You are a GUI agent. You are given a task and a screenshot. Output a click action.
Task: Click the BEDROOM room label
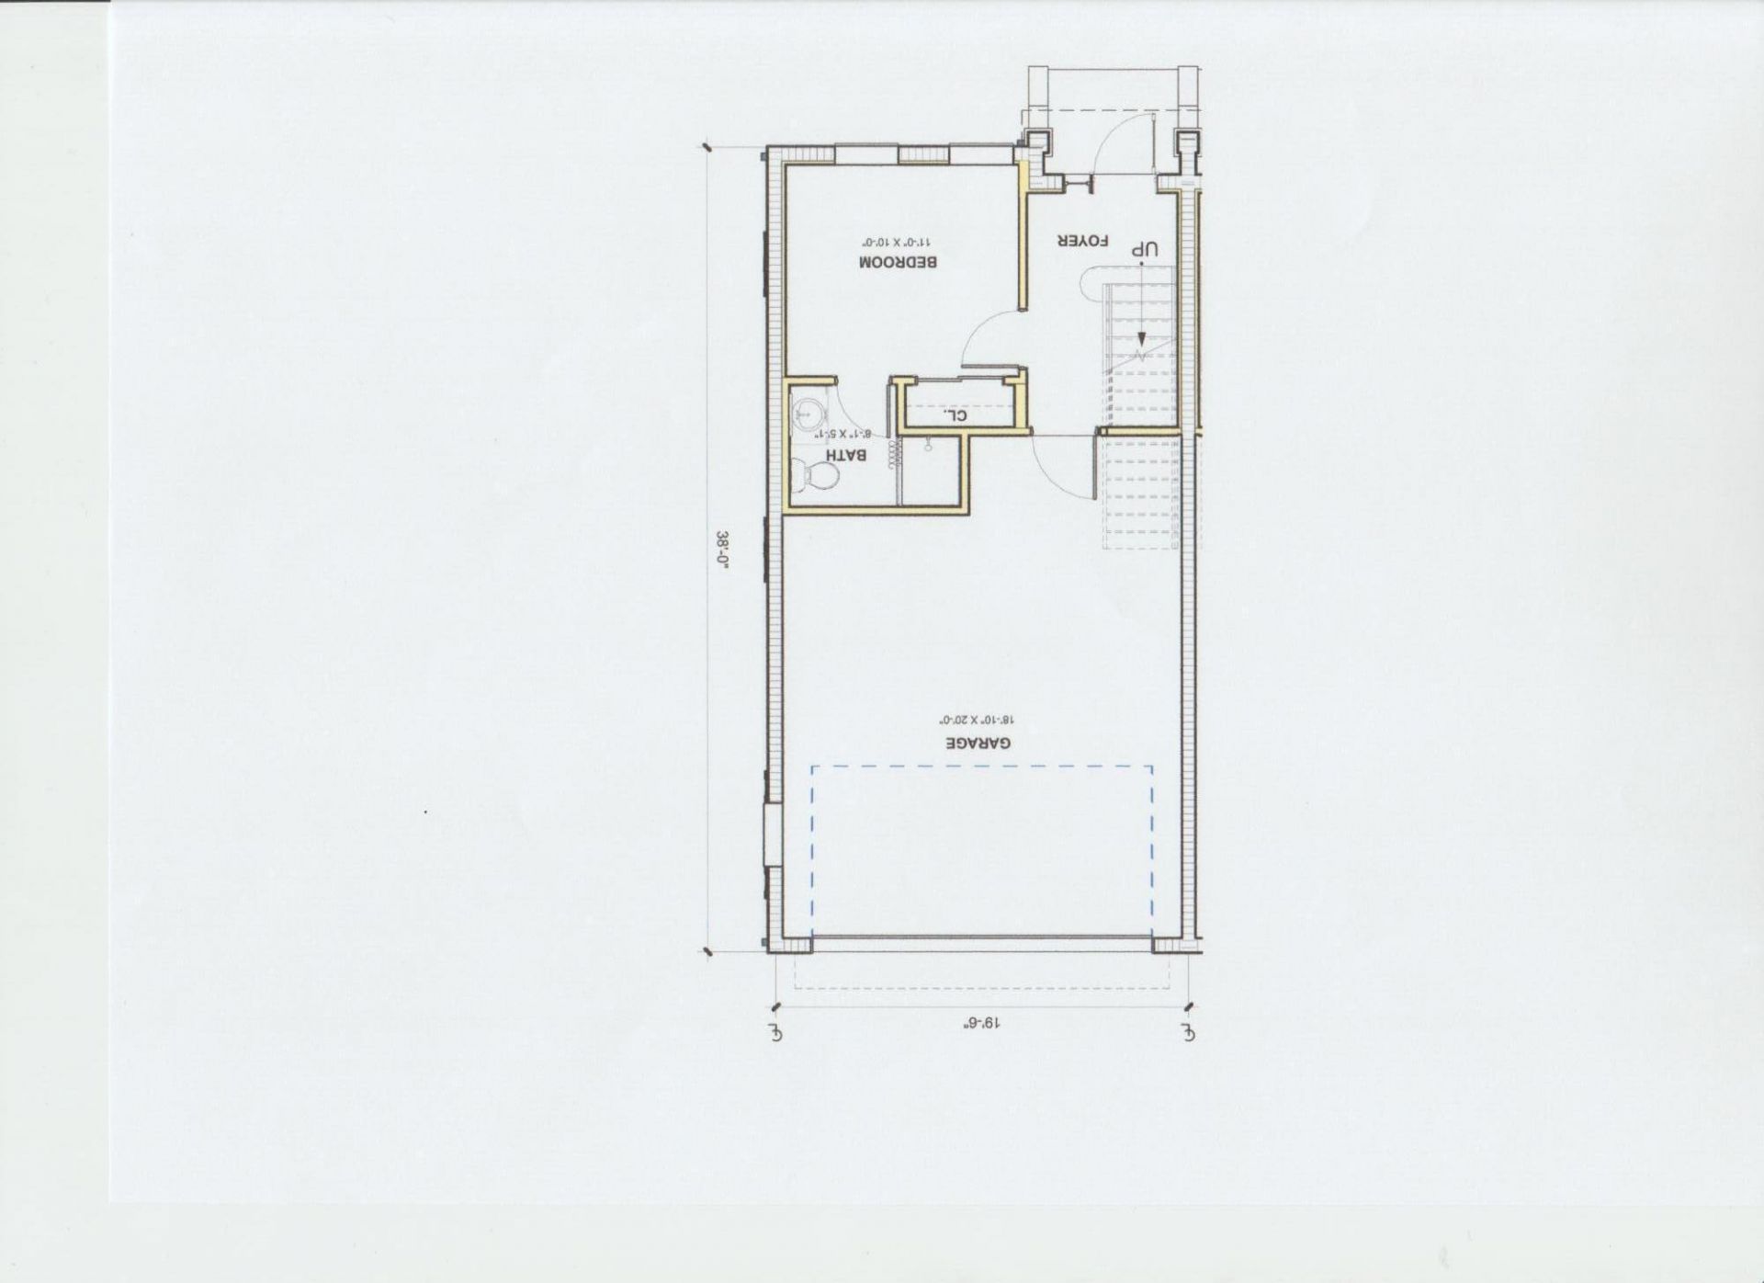click(897, 262)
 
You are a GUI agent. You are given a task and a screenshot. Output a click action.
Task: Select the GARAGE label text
click(978, 743)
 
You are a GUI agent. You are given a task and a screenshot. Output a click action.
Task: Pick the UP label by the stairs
click(1145, 249)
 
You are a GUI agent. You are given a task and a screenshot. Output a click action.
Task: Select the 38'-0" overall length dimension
click(723, 552)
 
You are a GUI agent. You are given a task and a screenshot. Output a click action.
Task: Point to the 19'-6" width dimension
click(981, 1022)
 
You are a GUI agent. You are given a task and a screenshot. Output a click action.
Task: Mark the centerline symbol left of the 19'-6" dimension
click(777, 1032)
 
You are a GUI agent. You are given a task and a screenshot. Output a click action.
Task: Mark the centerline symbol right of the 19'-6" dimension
click(1189, 1032)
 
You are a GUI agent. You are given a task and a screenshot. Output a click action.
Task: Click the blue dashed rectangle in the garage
click(981, 766)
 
